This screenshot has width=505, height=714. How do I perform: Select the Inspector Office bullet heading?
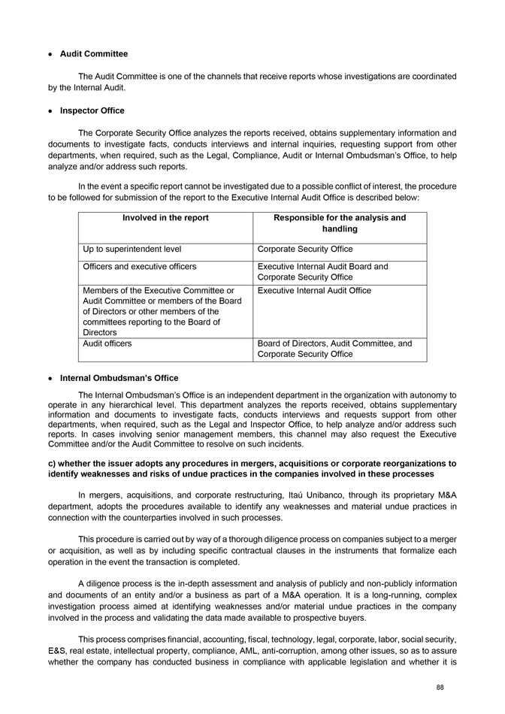92,110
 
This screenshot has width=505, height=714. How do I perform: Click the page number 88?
450,687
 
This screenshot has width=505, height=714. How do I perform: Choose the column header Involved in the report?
165,218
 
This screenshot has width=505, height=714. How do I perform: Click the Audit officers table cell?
107,343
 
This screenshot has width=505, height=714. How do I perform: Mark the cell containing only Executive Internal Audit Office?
314,290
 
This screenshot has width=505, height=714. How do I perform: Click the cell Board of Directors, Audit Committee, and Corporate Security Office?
334,349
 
